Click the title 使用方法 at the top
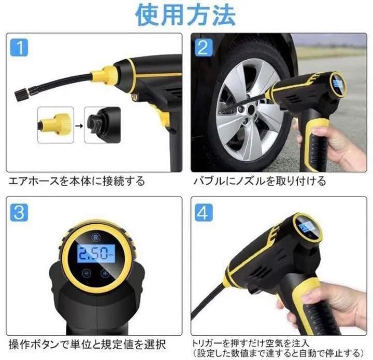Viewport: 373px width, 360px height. coord(186,15)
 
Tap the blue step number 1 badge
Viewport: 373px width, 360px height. coord(19,49)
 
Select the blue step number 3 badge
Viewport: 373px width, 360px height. coord(19,212)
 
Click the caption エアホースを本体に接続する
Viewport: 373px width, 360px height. coord(77,182)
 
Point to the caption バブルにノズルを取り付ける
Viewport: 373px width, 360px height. coord(260,182)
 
